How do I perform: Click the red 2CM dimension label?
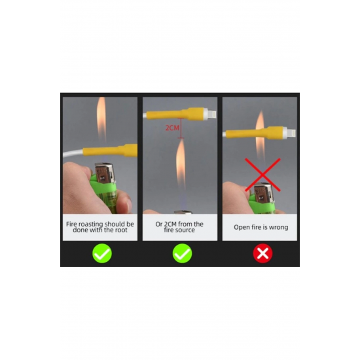172,128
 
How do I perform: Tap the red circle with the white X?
262,253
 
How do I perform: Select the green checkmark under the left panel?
102,253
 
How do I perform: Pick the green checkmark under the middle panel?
183,253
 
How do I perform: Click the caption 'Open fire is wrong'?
261,227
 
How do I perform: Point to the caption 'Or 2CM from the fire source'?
179,227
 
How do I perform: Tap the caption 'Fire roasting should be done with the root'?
100,227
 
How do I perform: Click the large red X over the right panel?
262,175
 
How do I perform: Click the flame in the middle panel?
181,161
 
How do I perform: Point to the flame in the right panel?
260,135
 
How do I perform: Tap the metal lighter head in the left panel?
105,174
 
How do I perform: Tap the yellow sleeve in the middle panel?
175,114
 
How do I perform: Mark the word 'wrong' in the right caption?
278,228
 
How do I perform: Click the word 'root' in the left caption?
121,230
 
